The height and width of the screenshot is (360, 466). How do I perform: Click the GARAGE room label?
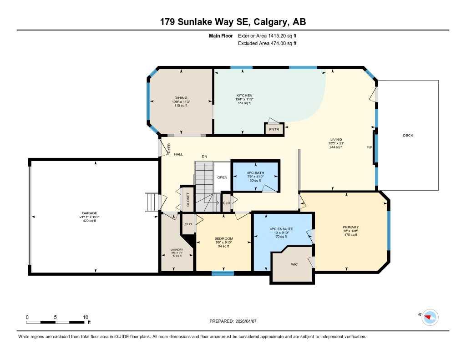pos(90,213)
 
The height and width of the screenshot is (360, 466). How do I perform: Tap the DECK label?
pos(408,135)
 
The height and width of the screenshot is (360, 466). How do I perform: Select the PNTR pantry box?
pos(274,129)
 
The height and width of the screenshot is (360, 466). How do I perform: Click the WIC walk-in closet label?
pos(294,264)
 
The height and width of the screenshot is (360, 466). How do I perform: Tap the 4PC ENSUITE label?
pos(281,228)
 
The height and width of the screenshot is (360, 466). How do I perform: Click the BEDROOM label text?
pos(223,238)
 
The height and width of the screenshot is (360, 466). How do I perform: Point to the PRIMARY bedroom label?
pos(350,227)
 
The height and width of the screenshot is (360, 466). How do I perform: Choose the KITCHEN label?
pos(244,96)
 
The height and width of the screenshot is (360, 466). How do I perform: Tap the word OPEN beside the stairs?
pos(222,177)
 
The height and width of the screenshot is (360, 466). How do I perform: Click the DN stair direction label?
pos(204,156)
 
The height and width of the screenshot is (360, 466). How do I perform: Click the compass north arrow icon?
pos(429,317)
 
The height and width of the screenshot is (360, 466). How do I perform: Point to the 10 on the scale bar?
pos(85,317)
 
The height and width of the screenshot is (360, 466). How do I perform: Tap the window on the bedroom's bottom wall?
pos(223,273)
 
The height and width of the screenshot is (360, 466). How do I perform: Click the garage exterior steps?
pos(152,203)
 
